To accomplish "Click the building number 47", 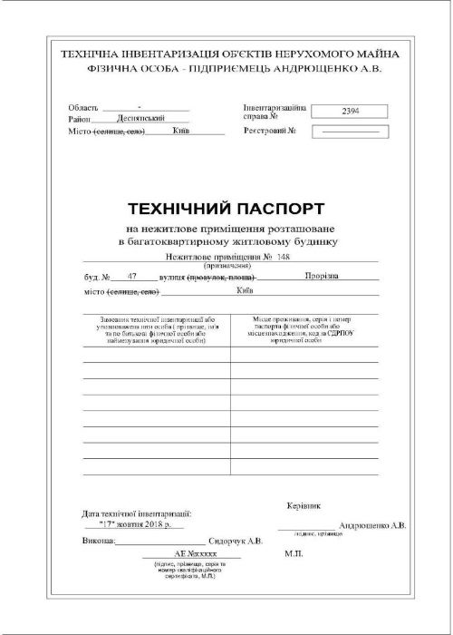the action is (x=133, y=274).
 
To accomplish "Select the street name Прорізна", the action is (x=323, y=274).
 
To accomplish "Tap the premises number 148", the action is (x=284, y=259).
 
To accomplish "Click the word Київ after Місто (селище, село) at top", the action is (x=179, y=131).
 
